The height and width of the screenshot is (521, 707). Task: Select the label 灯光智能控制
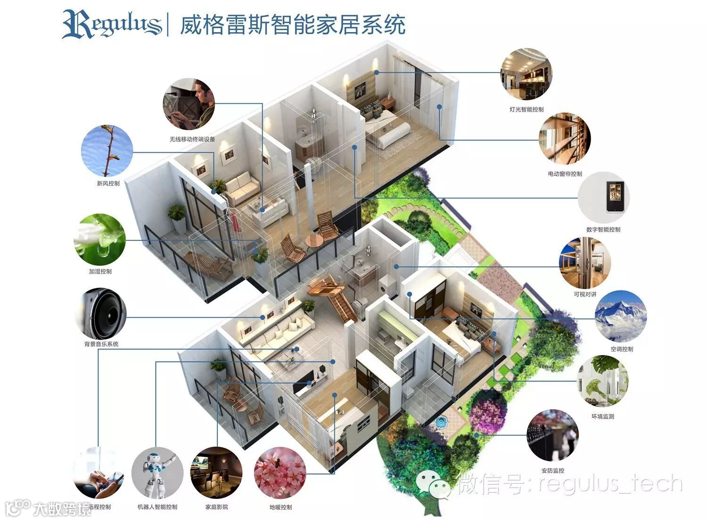(x=526, y=109)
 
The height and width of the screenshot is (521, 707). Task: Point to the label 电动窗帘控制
(x=565, y=174)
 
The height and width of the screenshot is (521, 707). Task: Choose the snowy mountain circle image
(x=621, y=316)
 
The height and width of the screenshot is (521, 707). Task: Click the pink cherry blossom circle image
(x=280, y=473)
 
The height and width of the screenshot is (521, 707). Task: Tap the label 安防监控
(x=553, y=471)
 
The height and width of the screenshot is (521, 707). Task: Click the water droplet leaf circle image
(x=100, y=239)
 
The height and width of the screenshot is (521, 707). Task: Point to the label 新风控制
(x=108, y=183)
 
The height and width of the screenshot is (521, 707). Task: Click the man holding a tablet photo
(x=189, y=104)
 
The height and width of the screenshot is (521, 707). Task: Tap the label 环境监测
(x=603, y=417)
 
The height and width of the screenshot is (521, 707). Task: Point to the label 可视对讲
(x=585, y=294)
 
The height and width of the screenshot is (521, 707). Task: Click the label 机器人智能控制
(x=157, y=507)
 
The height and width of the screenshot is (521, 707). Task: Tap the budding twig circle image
(x=107, y=150)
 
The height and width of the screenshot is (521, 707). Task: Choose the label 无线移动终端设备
(x=192, y=140)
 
